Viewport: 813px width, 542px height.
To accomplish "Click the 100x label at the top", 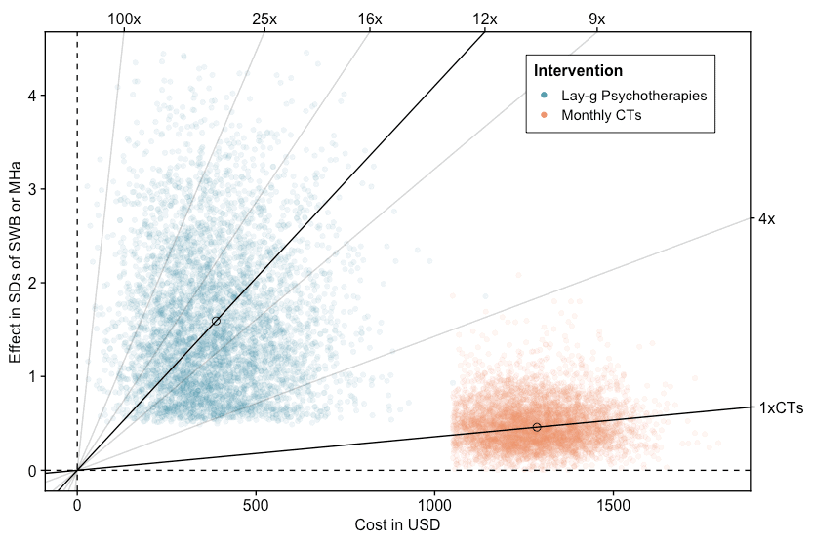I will tap(124, 19).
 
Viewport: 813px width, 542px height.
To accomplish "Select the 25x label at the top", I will tap(264, 19).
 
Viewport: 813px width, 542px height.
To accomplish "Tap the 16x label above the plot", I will tap(370, 19).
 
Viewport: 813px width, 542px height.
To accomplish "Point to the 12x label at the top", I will tap(485, 19).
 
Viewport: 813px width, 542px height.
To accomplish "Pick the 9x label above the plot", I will tap(596, 19).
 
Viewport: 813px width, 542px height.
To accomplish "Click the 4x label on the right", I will tap(766, 219).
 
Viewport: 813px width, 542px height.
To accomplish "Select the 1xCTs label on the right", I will tap(781, 408).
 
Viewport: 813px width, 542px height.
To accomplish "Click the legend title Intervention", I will tap(578, 71).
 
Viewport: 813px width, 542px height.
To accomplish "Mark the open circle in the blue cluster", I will tap(216, 321).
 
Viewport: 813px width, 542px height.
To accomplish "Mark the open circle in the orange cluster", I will tap(537, 427).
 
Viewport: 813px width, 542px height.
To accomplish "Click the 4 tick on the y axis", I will tap(32, 96).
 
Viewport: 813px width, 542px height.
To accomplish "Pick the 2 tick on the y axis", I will tap(32, 283).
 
